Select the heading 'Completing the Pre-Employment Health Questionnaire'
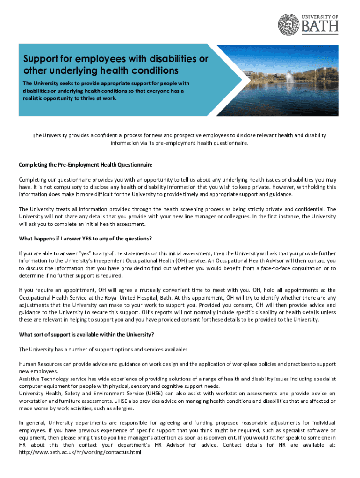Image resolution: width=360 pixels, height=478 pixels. pyautogui.click(x=86, y=165)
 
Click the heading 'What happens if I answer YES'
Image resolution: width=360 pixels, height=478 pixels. pyautogui.click(x=85, y=239)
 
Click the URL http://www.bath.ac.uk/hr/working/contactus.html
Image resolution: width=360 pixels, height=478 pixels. pyautogui.click(x=80, y=453)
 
